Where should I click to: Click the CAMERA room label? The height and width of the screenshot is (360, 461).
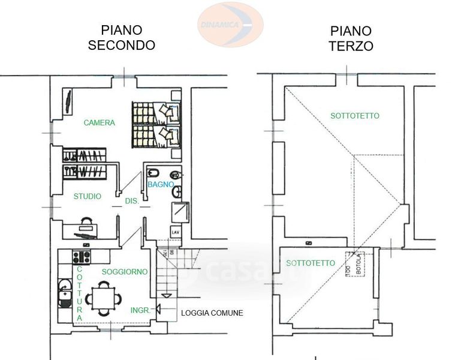coord(99,123)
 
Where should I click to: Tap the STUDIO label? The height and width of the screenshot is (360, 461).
coord(88,196)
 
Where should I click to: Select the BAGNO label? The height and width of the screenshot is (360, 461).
coord(161,184)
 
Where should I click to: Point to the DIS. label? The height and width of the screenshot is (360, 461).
coord(132,202)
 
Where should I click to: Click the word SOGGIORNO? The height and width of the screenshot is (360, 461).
coord(125,272)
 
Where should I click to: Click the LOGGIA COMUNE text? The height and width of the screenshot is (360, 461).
coord(212,313)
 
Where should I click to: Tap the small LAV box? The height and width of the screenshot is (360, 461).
coord(176,232)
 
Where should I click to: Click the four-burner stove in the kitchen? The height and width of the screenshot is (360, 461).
coord(81,257)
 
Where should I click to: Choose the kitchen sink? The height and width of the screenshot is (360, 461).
coord(64,293)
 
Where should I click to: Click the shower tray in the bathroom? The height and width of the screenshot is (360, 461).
coord(180,213)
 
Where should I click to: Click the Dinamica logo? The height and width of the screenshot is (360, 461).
coord(230,24)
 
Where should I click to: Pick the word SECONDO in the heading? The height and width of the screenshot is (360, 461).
coord(122,45)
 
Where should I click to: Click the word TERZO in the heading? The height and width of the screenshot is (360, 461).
coord(351,46)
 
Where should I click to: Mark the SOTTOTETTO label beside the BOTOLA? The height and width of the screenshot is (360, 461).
coord(311,263)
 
